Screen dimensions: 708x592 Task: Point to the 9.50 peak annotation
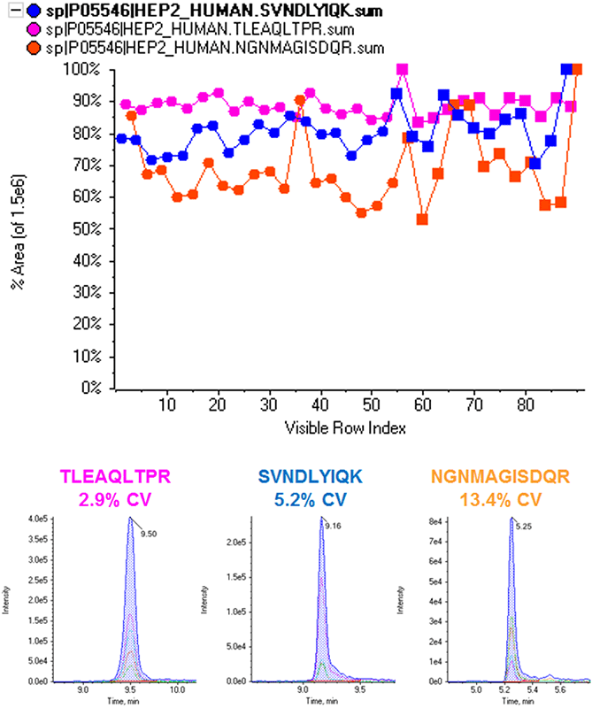click(x=150, y=534)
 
